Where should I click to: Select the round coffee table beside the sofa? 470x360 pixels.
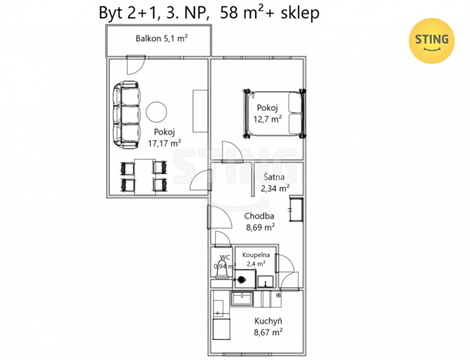157,110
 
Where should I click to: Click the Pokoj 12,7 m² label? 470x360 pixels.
267,114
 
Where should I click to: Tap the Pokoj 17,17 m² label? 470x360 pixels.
164,137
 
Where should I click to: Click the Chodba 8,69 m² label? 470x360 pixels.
260,222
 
